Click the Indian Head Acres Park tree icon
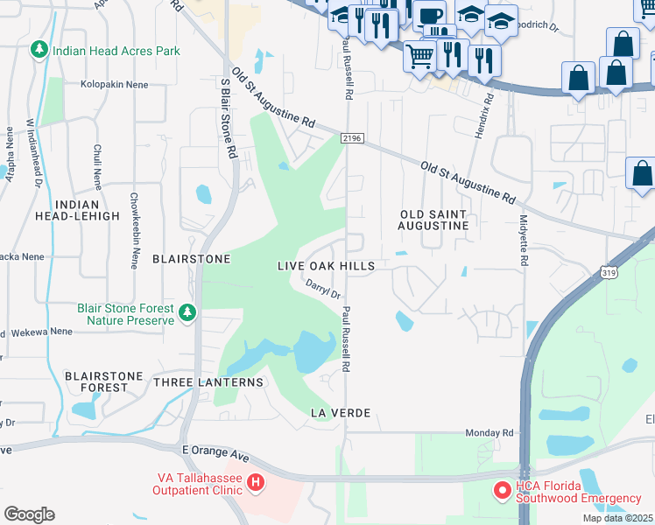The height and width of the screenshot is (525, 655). coord(38,51)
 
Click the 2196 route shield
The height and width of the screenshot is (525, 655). coord(350,137)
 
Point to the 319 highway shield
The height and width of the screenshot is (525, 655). coord(610,273)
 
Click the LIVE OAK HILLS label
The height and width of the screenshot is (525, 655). coord(326,266)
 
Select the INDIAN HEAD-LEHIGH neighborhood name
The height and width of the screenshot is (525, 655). coord(86,210)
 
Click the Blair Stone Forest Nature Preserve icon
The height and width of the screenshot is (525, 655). coord(186,313)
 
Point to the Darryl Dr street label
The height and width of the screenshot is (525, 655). coord(323,289)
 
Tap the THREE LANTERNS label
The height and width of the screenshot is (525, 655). coord(208,382)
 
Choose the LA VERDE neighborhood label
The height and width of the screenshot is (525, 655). coord(341,412)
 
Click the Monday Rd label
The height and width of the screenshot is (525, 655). coord(489,432)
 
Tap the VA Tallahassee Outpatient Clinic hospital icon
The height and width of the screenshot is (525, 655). coord(254,482)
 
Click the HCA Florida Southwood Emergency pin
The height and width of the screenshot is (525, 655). coord(503,492)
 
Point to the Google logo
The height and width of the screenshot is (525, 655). coord(29,514)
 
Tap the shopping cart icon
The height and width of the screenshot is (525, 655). coord(419,56)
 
